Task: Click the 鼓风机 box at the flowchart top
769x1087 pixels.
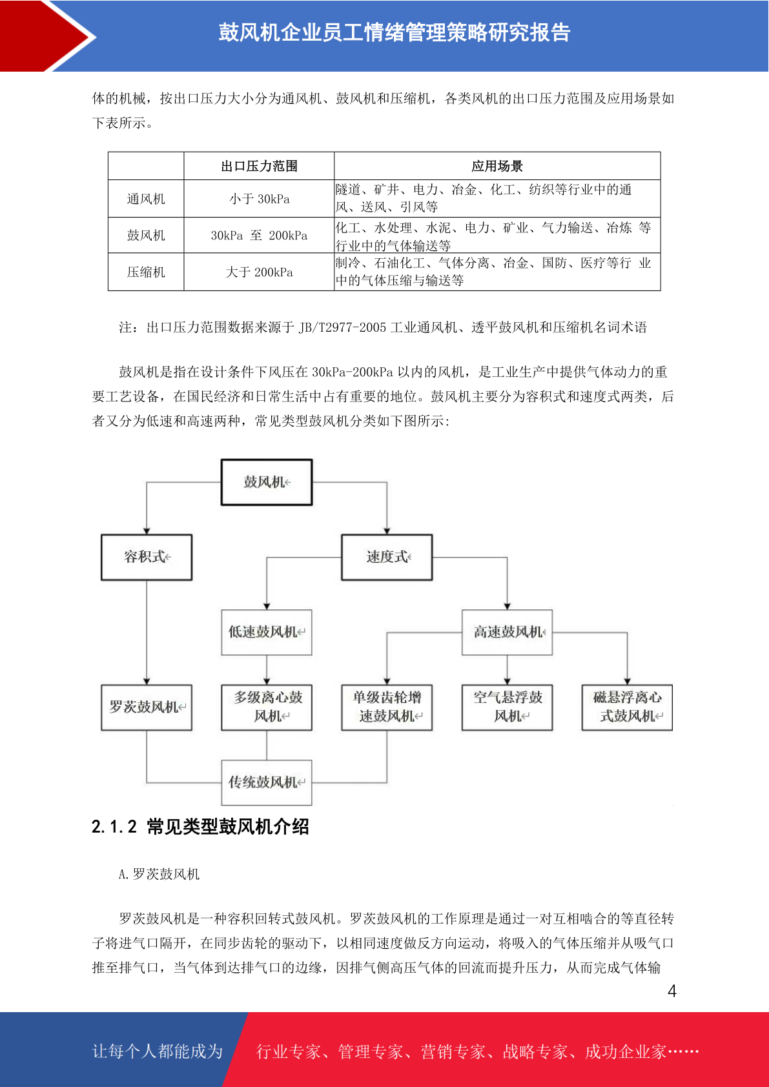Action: [x=267, y=482]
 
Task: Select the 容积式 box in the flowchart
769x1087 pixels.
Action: [x=147, y=557]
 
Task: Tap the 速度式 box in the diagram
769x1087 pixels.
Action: [x=387, y=557]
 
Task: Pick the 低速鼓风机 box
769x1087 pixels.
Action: [x=267, y=632]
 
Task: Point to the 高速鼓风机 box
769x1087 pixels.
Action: [x=508, y=632]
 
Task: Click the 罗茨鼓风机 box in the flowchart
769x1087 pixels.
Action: [x=147, y=707]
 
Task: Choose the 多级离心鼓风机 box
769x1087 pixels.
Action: [x=267, y=707]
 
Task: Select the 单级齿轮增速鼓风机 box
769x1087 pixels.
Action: [x=387, y=707]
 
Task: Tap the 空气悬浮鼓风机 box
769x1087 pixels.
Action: [x=508, y=707]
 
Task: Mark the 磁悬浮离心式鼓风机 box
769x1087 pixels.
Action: [x=627, y=707]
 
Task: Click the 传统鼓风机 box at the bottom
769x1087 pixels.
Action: [x=267, y=782]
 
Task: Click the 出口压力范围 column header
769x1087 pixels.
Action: [x=259, y=166]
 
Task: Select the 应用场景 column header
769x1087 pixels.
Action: [x=497, y=166]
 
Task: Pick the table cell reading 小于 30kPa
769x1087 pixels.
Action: [x=259, y=199]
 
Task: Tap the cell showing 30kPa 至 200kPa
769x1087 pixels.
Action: [x=259, y=236]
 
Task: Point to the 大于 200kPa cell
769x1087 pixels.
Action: [x=259, y=272]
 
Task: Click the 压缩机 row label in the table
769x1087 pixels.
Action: [x=146, y=272]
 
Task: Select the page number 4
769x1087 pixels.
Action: [x=672, y=991]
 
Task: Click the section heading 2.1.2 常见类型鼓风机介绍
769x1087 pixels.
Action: [x=200, y=827]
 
